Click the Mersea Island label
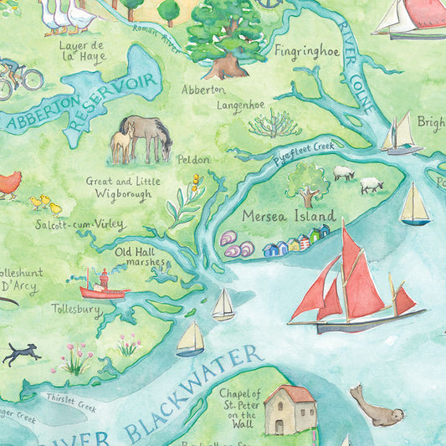pos(289,215)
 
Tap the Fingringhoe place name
pos(307,51)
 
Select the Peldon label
pos(193,159)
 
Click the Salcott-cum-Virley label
pos(81,224)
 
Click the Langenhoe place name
pos(241,105)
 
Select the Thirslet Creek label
pos(71,404)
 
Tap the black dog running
pos(21,355)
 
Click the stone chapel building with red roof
pos(290,410)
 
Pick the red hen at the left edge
pos(8,184)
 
